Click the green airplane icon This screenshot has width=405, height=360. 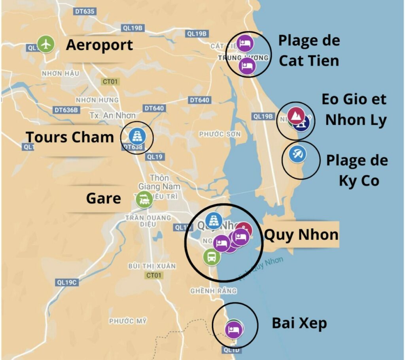(x=47, y=44)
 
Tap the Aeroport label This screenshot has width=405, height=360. (x=99, y=45)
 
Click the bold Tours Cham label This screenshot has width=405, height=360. (x=70, y=137)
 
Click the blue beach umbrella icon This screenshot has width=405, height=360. (x=297, y=154)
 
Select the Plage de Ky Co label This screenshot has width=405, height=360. (x=357, y=171)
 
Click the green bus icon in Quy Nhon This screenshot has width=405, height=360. (x=212, y=257)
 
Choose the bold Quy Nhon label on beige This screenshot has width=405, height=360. (x=301, y=235)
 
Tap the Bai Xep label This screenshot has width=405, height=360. (x=299, y=323)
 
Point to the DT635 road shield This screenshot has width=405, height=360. (x=84, y=11)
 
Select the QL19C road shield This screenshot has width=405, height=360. (x=67, y=282)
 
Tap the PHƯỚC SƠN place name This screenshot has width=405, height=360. (x=220, y=134)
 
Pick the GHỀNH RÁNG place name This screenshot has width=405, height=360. (x=213, y=291)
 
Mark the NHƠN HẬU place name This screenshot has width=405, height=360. (x=60, y=74)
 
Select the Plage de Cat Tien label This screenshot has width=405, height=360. (x=308, y=51)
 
